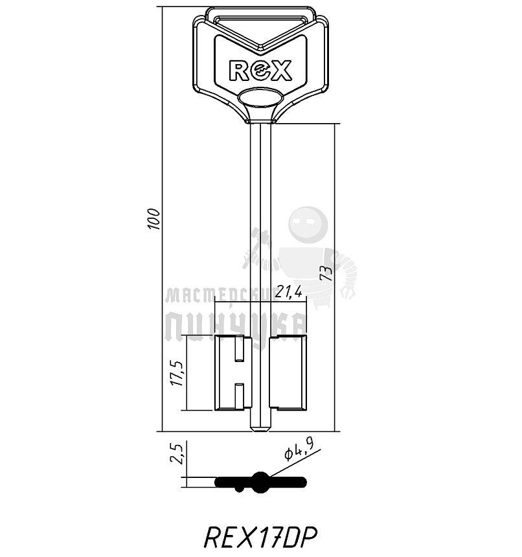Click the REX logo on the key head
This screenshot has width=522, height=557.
point(260,70)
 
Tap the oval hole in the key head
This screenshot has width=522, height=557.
point(260,98)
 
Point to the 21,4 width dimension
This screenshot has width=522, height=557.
point(288,293)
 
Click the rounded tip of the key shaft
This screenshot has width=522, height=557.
point(260,428)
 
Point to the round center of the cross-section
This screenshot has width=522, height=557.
point(260,482)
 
